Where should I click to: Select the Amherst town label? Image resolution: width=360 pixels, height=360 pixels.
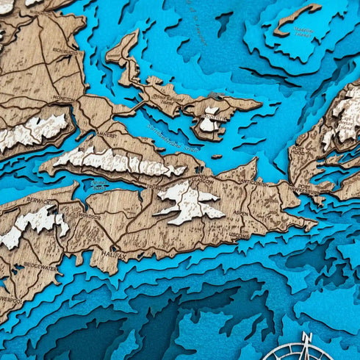click(x=107, y=134)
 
